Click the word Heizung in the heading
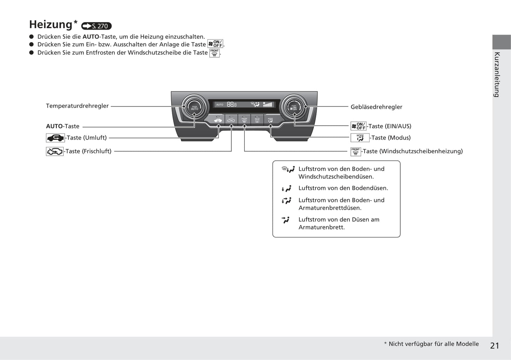coord(51,25)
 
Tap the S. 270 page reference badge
coord(97,26)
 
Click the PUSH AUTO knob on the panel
coord(194,107)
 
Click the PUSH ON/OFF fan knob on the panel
coord(294,107)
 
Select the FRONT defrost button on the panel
coord(244,120)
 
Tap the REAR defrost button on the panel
coord(257,120)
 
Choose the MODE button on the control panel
coord(270,120)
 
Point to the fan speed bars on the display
coord(268,105)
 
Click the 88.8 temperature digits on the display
coord(232,105)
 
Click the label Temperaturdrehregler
coord(77,106)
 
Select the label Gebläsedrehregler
coord(376,107)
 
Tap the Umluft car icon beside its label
coord(55,138)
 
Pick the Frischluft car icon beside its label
coord(55,152)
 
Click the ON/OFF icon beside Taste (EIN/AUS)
coord(358,126)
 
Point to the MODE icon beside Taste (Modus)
coord(360,138)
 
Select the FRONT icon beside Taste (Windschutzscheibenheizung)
coord(355,152)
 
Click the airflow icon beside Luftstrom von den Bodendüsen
coord(286,189)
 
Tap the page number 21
coord(494,346)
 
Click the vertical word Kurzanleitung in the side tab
coord(497,75)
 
